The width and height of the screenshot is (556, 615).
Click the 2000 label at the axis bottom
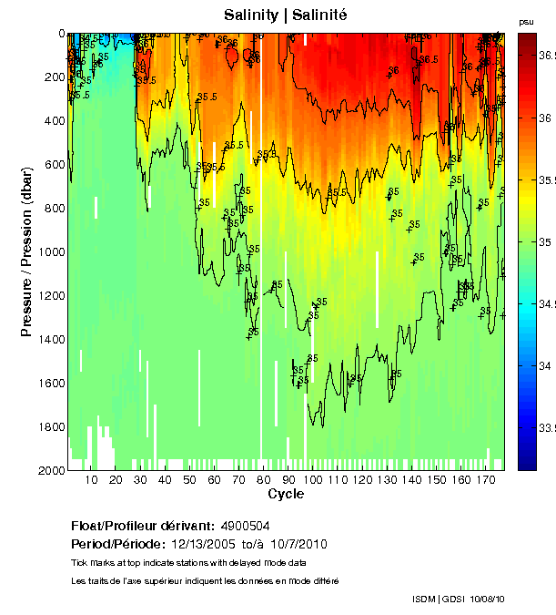(50, 470)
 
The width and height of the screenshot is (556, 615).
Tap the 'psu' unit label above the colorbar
(525, 21)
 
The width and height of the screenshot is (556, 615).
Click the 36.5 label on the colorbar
(546, 56)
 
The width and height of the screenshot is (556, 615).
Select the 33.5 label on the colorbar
(546, 427)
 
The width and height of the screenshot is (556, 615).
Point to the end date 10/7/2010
(295, 544)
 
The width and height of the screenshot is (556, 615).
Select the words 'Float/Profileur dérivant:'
(143, 526)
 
